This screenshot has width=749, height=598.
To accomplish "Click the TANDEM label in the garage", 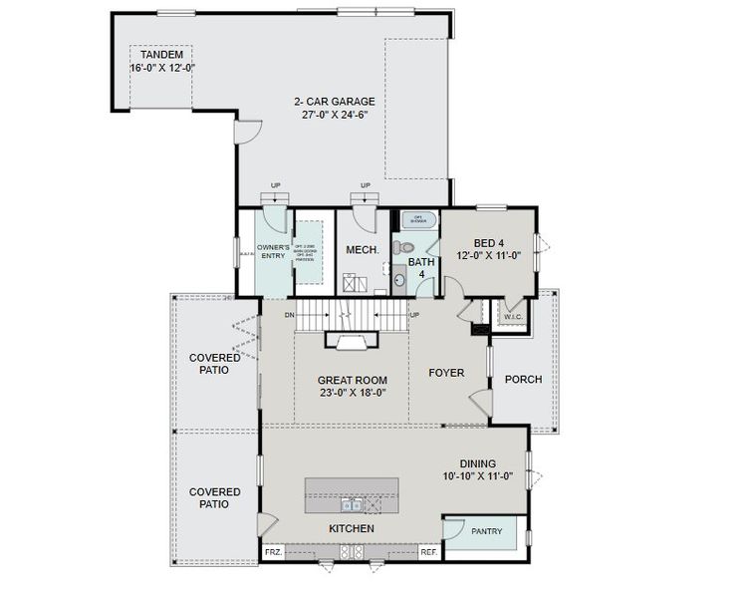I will coord(162,54).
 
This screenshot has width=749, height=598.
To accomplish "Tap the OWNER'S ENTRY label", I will coord(273,251).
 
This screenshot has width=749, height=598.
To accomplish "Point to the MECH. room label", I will coord(362,250).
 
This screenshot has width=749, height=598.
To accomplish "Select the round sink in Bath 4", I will coord(400,281).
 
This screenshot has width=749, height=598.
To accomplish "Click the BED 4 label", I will coord(489,243).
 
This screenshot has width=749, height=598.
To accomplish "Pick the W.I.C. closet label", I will coord(513,318).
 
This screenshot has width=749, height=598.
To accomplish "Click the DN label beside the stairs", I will coord(289,316).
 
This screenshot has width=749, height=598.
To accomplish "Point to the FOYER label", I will coord(446,374).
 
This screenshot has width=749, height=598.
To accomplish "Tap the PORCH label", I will coord(523,379).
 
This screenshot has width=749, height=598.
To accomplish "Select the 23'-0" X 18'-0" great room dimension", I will coord(352,393).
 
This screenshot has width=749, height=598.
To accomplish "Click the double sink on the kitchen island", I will coord(350,502).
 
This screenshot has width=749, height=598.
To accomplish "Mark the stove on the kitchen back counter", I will coord(352,551).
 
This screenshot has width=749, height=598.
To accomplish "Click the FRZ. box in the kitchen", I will coord(273,551).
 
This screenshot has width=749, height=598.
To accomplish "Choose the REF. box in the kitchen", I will coord(428,551).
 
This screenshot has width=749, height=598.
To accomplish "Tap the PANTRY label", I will coord(486,531).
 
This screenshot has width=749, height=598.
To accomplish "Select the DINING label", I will coord(484,463).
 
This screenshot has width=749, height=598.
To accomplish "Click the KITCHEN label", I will coord(352,528).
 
